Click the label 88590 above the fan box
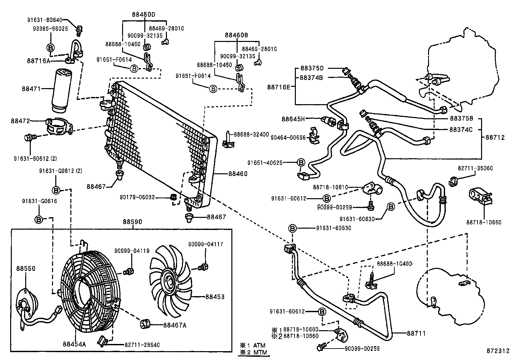click(133, 222)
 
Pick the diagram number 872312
click(498, 351)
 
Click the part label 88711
click(416, 333)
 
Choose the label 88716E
click(279, 87)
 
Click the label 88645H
click(293, 119)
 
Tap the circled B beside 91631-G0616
click(39, 219)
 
